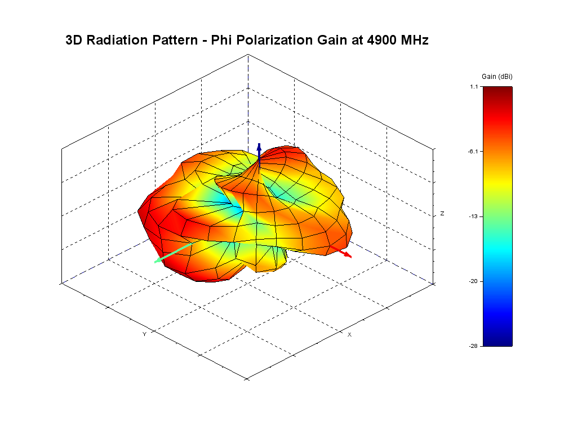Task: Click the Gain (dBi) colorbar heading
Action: (x=497, y=76)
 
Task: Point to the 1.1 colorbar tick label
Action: (x=474, y=87)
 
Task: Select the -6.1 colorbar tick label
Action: (x=473, y=151)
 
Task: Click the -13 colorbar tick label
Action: (x=473, y=216)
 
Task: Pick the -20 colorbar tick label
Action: (x=473, y=281)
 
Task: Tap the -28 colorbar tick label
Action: (x=473, y=346)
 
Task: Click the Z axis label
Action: (x=442, y=214)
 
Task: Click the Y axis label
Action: (x=144, y=334)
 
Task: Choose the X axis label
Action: (x=349, y=334)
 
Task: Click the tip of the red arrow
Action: (x=351, y=257)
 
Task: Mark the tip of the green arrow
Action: (x=154, y=263)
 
